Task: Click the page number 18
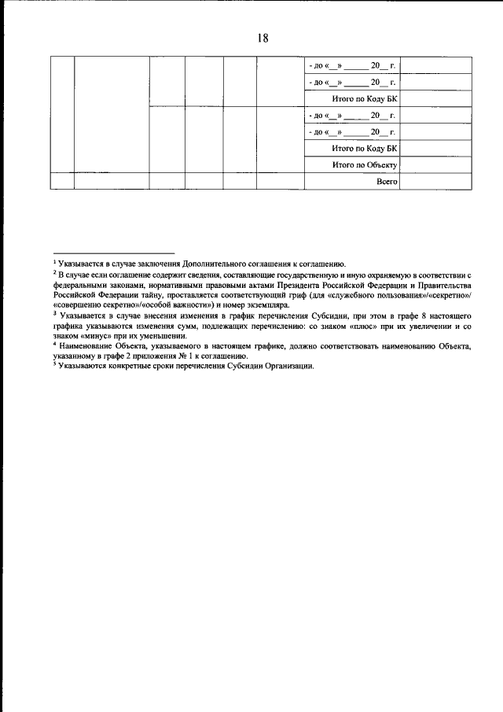(263, 37)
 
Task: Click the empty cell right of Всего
(435, 182)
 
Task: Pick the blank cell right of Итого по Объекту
(435, 165)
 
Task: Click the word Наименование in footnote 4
(86, 345)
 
